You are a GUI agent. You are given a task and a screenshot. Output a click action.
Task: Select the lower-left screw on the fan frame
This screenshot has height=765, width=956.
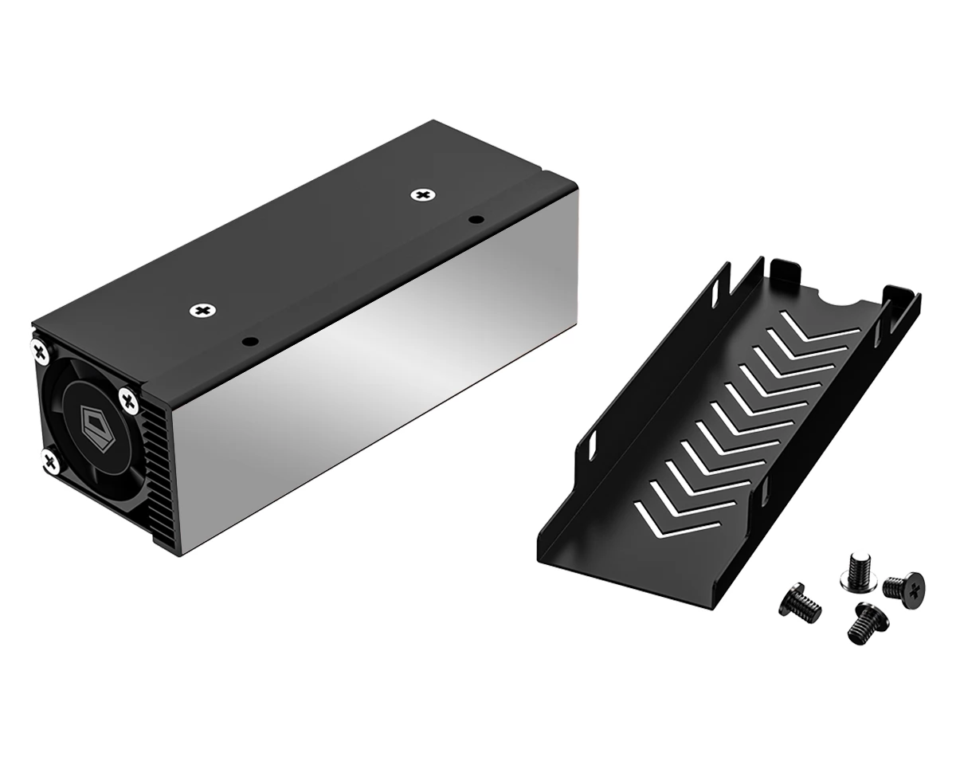click(50, 460)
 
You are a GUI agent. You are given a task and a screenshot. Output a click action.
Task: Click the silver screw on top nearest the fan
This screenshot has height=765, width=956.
click(204, 309)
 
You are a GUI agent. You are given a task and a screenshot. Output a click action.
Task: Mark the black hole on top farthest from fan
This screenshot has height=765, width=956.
click(476, 218)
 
